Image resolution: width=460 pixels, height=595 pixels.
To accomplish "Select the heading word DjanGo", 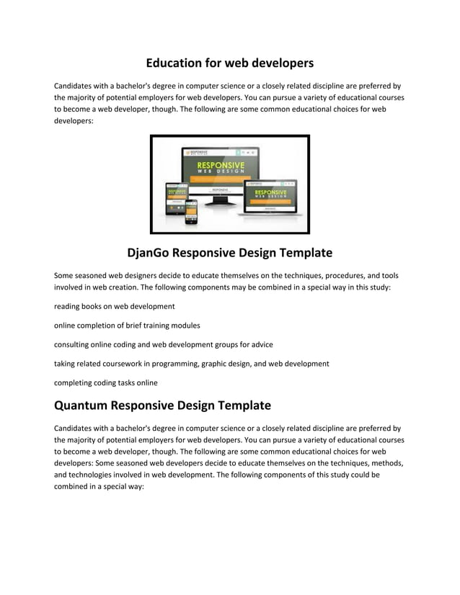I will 154,253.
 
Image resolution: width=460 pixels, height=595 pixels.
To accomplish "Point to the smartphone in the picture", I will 191,212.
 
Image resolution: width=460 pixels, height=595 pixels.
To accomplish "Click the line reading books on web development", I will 115,306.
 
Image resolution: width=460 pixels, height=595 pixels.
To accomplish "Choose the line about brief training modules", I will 127,326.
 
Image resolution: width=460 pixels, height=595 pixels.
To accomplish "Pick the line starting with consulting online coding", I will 164,344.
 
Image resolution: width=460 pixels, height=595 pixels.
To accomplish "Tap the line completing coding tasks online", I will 106,382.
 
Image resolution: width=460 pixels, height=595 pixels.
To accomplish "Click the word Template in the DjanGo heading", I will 302,253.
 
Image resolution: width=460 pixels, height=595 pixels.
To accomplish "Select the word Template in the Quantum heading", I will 240,406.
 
